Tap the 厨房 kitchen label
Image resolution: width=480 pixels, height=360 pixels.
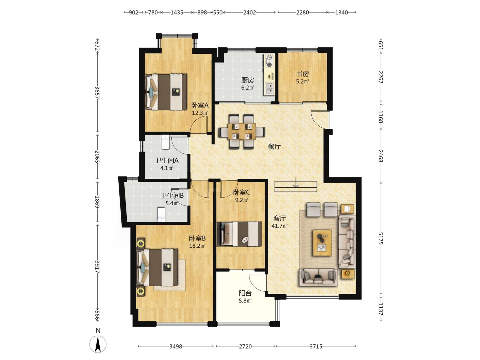(247, 80)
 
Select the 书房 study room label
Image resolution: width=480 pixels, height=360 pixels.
(302, 74)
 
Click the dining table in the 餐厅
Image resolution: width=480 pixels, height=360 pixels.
(241, 131)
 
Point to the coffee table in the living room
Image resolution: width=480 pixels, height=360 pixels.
(322, 243)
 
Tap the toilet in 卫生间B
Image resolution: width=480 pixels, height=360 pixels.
(161, 215)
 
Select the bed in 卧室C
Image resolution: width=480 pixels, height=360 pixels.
(239, 234)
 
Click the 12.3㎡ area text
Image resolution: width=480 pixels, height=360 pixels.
(200, 113)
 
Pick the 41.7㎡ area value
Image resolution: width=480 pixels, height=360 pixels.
(279, 226)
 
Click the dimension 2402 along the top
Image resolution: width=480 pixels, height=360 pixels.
(249, 13)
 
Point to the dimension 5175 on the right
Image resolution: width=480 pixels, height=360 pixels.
(381, 238)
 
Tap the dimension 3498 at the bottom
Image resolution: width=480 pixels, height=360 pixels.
(175, 346)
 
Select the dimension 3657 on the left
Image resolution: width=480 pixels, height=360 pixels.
(97, 93)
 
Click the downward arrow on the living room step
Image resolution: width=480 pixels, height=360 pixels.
(296, 182)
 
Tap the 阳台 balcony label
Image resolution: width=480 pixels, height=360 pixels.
(245, 293)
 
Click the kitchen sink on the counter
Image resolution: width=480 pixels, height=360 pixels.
(269, 89)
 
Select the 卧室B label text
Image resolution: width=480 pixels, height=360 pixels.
(197, 238)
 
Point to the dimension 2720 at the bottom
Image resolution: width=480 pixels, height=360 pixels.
(245, 346)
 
